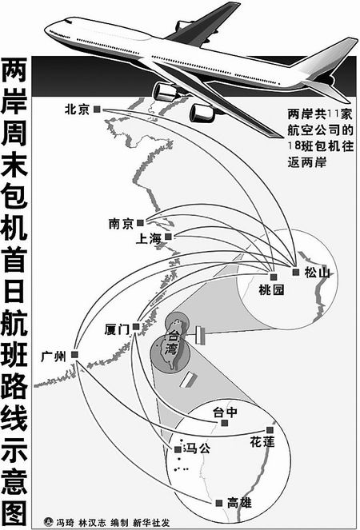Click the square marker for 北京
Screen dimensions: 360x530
click(x=98, y=109)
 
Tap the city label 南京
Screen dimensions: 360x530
click(x=121, y=224)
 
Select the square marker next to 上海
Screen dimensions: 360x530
click(x=168, y=237)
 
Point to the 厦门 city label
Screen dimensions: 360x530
click(x=117, y=329)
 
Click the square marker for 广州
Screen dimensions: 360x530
click(x=74, y=354)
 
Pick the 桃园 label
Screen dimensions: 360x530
click(x=270, y=290)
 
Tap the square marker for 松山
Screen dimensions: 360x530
click(x=296, y=272)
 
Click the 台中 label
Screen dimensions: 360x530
click(x=225, y=412)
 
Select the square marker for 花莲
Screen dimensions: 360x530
click(x=270, y=430)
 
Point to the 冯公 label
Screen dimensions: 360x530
click(x=196, y=449)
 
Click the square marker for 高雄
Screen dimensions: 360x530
click(x=219, y=504)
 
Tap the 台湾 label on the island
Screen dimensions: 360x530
click(x=170, y=341)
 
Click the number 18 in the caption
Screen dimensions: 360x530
click(x=293, y=146)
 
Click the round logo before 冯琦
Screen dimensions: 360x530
click(x=48, y=522)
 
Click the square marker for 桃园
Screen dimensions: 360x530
click(x=274, y=277)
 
